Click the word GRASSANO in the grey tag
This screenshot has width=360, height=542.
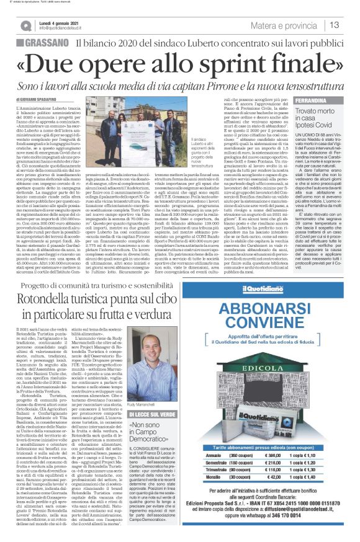click(48, 45)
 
